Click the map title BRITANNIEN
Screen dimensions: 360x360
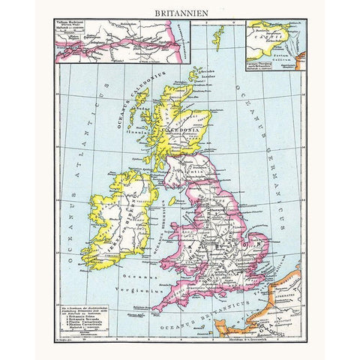click(180, 13)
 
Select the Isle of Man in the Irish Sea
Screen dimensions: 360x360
click(172, 201)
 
